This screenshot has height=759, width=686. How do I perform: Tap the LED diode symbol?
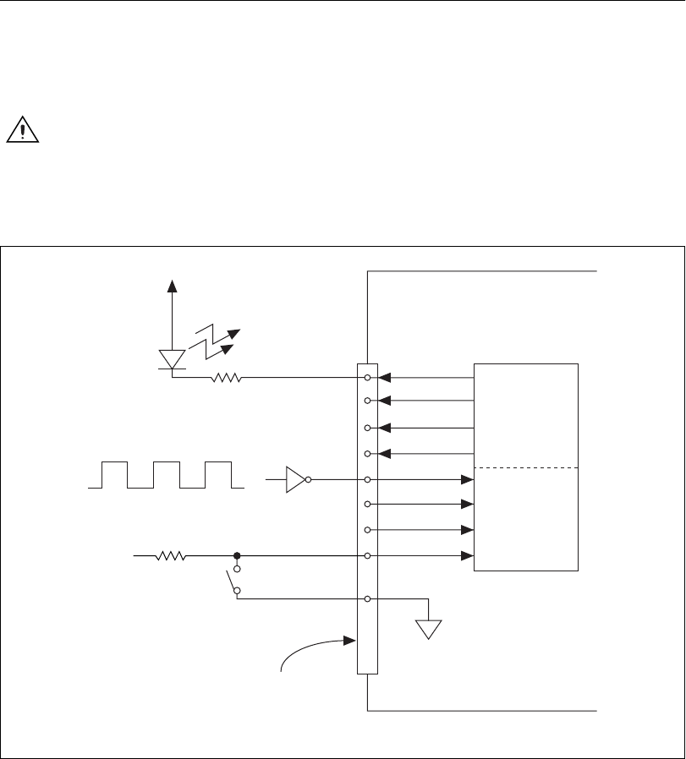(x=173, y=360)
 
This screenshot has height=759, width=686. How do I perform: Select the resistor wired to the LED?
(x=226, y=378)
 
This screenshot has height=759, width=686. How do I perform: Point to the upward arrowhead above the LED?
(x=173, y=286)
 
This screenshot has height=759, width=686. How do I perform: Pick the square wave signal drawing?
(x=166, y=475)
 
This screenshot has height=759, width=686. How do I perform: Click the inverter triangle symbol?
(x=295, y=479)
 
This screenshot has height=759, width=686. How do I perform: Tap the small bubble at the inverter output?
(x=310, y=479)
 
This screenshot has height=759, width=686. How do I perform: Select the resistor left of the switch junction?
(x=172, y=556)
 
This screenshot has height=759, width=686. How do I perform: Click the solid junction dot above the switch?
(x=237, y=556)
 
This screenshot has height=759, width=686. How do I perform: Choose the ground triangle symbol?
(x=430, y=628)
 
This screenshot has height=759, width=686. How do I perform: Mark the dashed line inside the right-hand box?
(x=526, y=468)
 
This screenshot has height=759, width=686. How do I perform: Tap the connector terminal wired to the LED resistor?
(x=367, y=378)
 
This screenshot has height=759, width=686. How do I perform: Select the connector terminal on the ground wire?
(x=367, y=599)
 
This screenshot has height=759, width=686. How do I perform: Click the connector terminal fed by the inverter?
(x=367, y=479)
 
